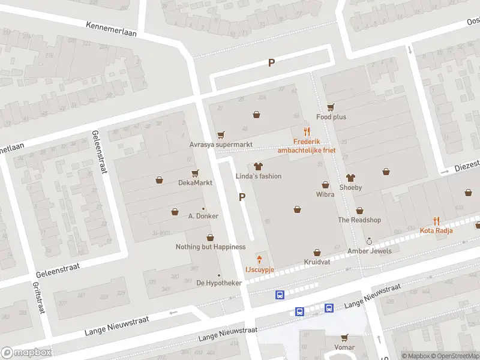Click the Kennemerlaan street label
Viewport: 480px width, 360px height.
(x=111, y=30)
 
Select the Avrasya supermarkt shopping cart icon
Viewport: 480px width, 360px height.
(x=221, y=135)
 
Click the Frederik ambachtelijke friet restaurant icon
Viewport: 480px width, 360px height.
(x=307, y=131)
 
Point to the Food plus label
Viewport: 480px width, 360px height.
(x=331, y=117)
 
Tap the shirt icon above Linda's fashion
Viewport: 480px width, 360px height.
(x=259, y=166)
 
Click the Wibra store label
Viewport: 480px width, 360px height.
(x=325, y=194)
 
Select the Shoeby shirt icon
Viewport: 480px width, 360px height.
(x=351, y=178)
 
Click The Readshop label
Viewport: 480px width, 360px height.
(x=359, y=220)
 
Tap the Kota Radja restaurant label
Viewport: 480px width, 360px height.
(x=436, y=230)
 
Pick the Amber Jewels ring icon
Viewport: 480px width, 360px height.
(x=369, y=241)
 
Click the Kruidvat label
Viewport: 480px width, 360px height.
(x=317, y=263)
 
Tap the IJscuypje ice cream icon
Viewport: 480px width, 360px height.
(x=259, y=260)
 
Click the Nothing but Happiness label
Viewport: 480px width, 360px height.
(x=210, y=247)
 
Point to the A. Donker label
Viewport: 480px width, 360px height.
(x=203, y=216)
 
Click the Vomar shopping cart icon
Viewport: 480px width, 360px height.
(x=344, y=338)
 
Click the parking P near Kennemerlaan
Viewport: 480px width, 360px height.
(x=271, y=62)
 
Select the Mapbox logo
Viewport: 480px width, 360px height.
(x=26, y=352)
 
